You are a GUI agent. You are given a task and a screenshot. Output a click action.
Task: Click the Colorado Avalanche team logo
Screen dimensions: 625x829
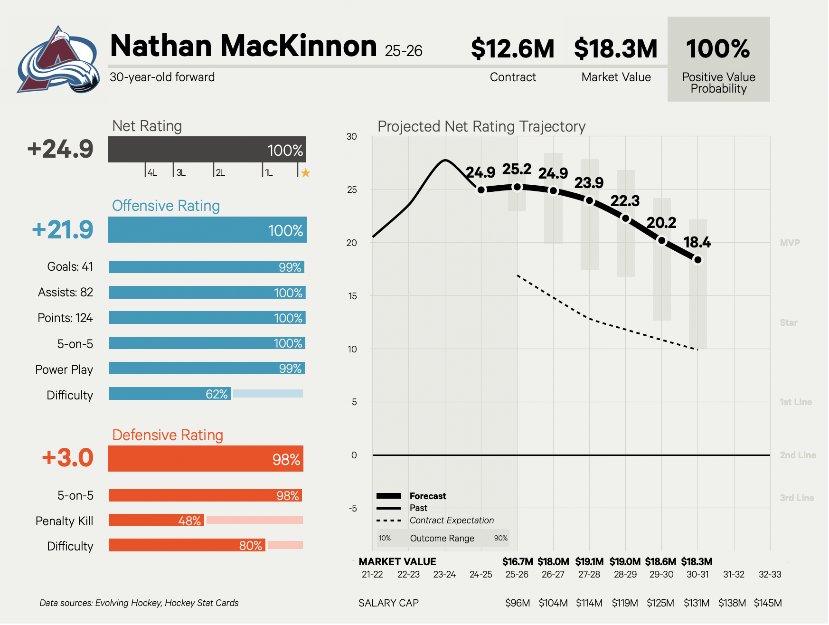(x=58, y=61)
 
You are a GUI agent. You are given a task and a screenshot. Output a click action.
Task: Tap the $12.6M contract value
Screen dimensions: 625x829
(x=513, y=49)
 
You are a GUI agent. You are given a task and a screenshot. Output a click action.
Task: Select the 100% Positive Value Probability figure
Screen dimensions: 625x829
(x=718, y=49)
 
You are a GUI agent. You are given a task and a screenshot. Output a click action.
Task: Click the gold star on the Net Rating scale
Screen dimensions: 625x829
(x=306, y=173)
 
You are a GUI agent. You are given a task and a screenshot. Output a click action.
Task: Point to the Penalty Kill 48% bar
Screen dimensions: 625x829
(x=157, y=521)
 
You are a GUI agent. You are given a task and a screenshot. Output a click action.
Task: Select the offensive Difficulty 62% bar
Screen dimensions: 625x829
(x=170, y=394)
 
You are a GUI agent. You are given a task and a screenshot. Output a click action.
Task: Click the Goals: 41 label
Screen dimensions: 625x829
(x=70, y=266)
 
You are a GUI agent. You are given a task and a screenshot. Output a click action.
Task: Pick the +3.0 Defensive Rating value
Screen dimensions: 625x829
(x=68, y=458)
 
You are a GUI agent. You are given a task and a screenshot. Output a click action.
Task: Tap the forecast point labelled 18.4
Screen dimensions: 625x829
(x=697, y=260)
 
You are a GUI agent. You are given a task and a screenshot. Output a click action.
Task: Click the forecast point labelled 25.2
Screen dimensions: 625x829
(x=517, y=187)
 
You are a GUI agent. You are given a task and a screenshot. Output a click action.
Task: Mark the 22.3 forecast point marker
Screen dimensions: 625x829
(x=625, y=218)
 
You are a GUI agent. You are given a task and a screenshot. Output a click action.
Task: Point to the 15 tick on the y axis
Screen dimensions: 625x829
(x=352, y=296)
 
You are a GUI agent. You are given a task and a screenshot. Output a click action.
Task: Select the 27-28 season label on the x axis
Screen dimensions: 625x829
(x=589, y=574)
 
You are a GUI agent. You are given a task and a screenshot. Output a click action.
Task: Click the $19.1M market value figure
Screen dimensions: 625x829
(x=589, y=562)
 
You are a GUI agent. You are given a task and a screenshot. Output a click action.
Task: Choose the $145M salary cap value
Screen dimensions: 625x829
(x=768, y=603)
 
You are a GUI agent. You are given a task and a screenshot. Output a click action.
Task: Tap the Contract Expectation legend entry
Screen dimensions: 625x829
(x=451, y=521)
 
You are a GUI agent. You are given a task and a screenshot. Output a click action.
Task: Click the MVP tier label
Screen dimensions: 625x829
(x=790, y=243)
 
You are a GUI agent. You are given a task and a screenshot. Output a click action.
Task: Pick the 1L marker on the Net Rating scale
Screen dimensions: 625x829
(x=268, y=173)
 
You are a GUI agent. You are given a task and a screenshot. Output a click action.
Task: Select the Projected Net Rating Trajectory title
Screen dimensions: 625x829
(x=481, y=126)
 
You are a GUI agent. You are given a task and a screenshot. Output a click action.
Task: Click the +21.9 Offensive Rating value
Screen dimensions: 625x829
(x=63, y=230)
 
